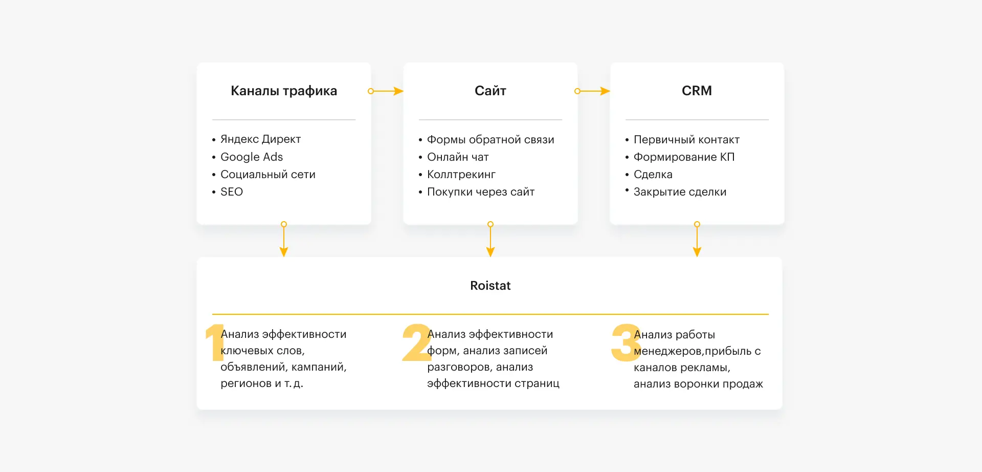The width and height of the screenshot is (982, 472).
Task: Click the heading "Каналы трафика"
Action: point(284,91)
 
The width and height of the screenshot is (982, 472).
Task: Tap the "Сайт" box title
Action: point(490,91)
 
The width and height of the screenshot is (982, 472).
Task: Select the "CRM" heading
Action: point(697,91)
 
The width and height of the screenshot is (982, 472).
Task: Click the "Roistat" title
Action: point(490,286)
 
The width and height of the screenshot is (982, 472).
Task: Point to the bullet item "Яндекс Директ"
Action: point(260,139)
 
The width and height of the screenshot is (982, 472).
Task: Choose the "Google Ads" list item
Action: point(252,157)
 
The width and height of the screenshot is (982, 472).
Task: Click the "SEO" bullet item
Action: point(232,191)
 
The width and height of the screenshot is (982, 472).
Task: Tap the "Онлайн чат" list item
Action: point(458,157)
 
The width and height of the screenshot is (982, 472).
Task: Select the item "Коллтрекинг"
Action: point(461,175)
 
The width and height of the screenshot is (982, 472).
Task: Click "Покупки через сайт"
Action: point(481,192)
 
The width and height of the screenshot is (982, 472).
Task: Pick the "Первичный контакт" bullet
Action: point(686,140)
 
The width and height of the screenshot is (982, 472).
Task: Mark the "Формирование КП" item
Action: point(684,157)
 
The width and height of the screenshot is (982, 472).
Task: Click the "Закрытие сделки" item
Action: point(680,192)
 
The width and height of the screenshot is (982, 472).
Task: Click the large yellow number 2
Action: point(417,342)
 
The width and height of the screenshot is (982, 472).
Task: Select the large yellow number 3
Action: point(626,342)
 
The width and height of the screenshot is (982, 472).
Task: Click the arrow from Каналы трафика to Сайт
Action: point(386,91)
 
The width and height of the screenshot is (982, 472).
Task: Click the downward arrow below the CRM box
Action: point(697,239)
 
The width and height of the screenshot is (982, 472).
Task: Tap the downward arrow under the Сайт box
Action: point(490,239)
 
